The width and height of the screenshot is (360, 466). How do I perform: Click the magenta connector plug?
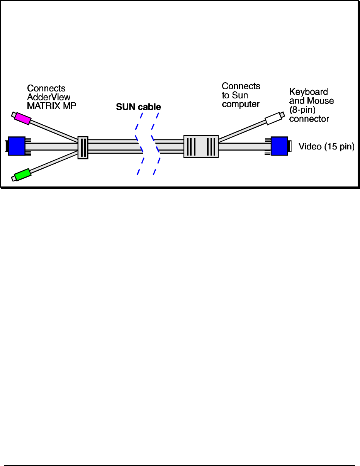tap(22, 119)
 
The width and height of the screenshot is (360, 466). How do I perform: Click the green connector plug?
tap(22, 175)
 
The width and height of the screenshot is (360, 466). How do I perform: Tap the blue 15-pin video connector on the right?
tap(279, 146)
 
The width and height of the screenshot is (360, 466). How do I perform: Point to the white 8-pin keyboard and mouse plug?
tap(274, 118)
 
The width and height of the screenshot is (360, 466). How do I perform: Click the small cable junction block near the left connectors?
tap(83, 147)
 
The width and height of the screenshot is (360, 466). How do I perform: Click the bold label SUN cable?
tap(138, 107)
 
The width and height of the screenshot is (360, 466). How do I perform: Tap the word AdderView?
tap(49, 97)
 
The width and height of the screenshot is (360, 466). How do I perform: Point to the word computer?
tap(240, 104)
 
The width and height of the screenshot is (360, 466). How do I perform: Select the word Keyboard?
tap(308, 92)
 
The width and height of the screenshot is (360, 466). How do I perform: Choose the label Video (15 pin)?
tap(326, 147)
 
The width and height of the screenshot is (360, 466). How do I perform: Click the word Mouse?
tap(321, 101)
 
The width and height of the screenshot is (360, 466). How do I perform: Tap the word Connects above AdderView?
tap(46, 88)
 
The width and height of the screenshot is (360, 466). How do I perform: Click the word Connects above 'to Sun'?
tap(241, 86)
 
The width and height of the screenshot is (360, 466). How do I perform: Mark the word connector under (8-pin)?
tap(309, 119)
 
